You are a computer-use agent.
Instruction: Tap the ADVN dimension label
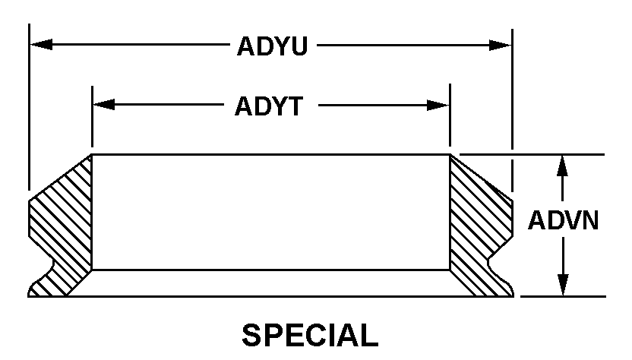coord(564,220)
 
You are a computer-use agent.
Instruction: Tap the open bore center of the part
coord(270,213)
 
